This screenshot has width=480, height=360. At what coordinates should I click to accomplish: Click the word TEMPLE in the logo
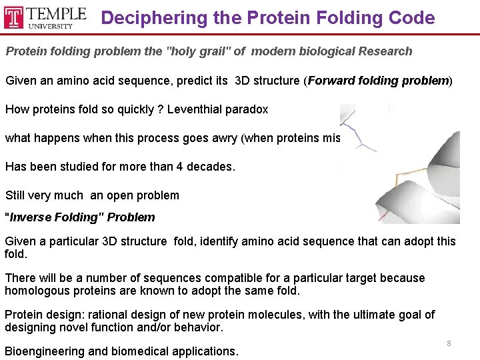pyautogui.click(x=55, y=13)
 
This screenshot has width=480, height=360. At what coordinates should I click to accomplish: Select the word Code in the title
pyautogui.click(x=413, y=18)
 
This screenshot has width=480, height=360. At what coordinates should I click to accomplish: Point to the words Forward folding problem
pyautogui.click(x=378, y=81)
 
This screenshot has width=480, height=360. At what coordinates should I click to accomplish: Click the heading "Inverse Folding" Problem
pyautogui.click(x=79, y=217)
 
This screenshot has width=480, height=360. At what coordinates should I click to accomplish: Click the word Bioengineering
pyautogui.click(x=45, y=351)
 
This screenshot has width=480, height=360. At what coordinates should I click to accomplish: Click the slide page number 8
pyautogui.click(x=449, y=343)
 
